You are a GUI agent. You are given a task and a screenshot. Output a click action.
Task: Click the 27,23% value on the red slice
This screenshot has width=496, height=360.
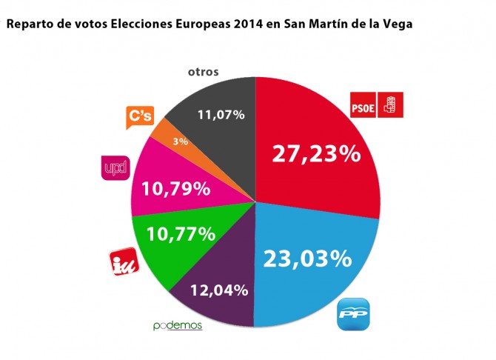(316, 154)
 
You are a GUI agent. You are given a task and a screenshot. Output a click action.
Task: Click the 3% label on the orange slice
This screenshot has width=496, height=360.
(180, 141)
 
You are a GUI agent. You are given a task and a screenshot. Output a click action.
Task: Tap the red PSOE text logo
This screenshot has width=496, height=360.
(363, 106)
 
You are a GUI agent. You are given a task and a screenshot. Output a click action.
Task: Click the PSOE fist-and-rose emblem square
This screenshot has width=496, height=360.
(388, 105)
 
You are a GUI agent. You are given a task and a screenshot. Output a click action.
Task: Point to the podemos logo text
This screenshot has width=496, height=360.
(177, 325)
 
